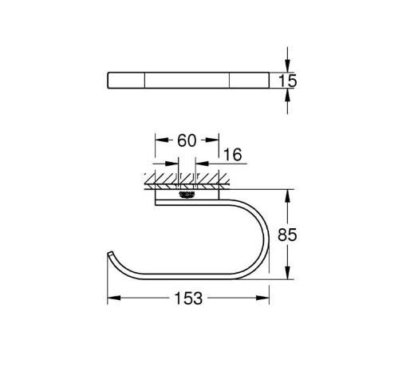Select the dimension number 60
click(x=186, y=141)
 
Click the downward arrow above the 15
click(x=288, y=65)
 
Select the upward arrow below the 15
click(x=288, y=95)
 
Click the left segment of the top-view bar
click(x=125, y=80)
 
